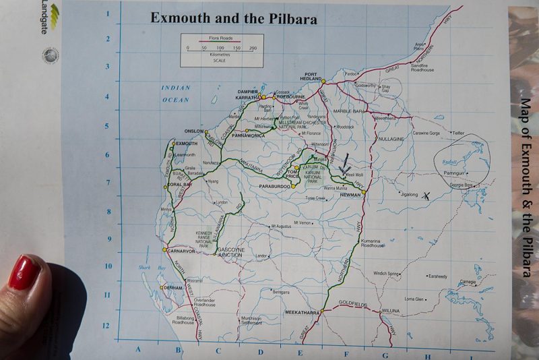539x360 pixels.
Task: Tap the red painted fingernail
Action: (24, 272)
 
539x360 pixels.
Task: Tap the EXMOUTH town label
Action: (186, 144)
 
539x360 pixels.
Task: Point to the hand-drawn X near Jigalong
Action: (426, 196)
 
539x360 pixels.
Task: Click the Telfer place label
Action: (458, 133)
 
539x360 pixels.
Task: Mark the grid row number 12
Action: (106, 326)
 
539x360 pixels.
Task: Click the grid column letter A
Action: (138, 349)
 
